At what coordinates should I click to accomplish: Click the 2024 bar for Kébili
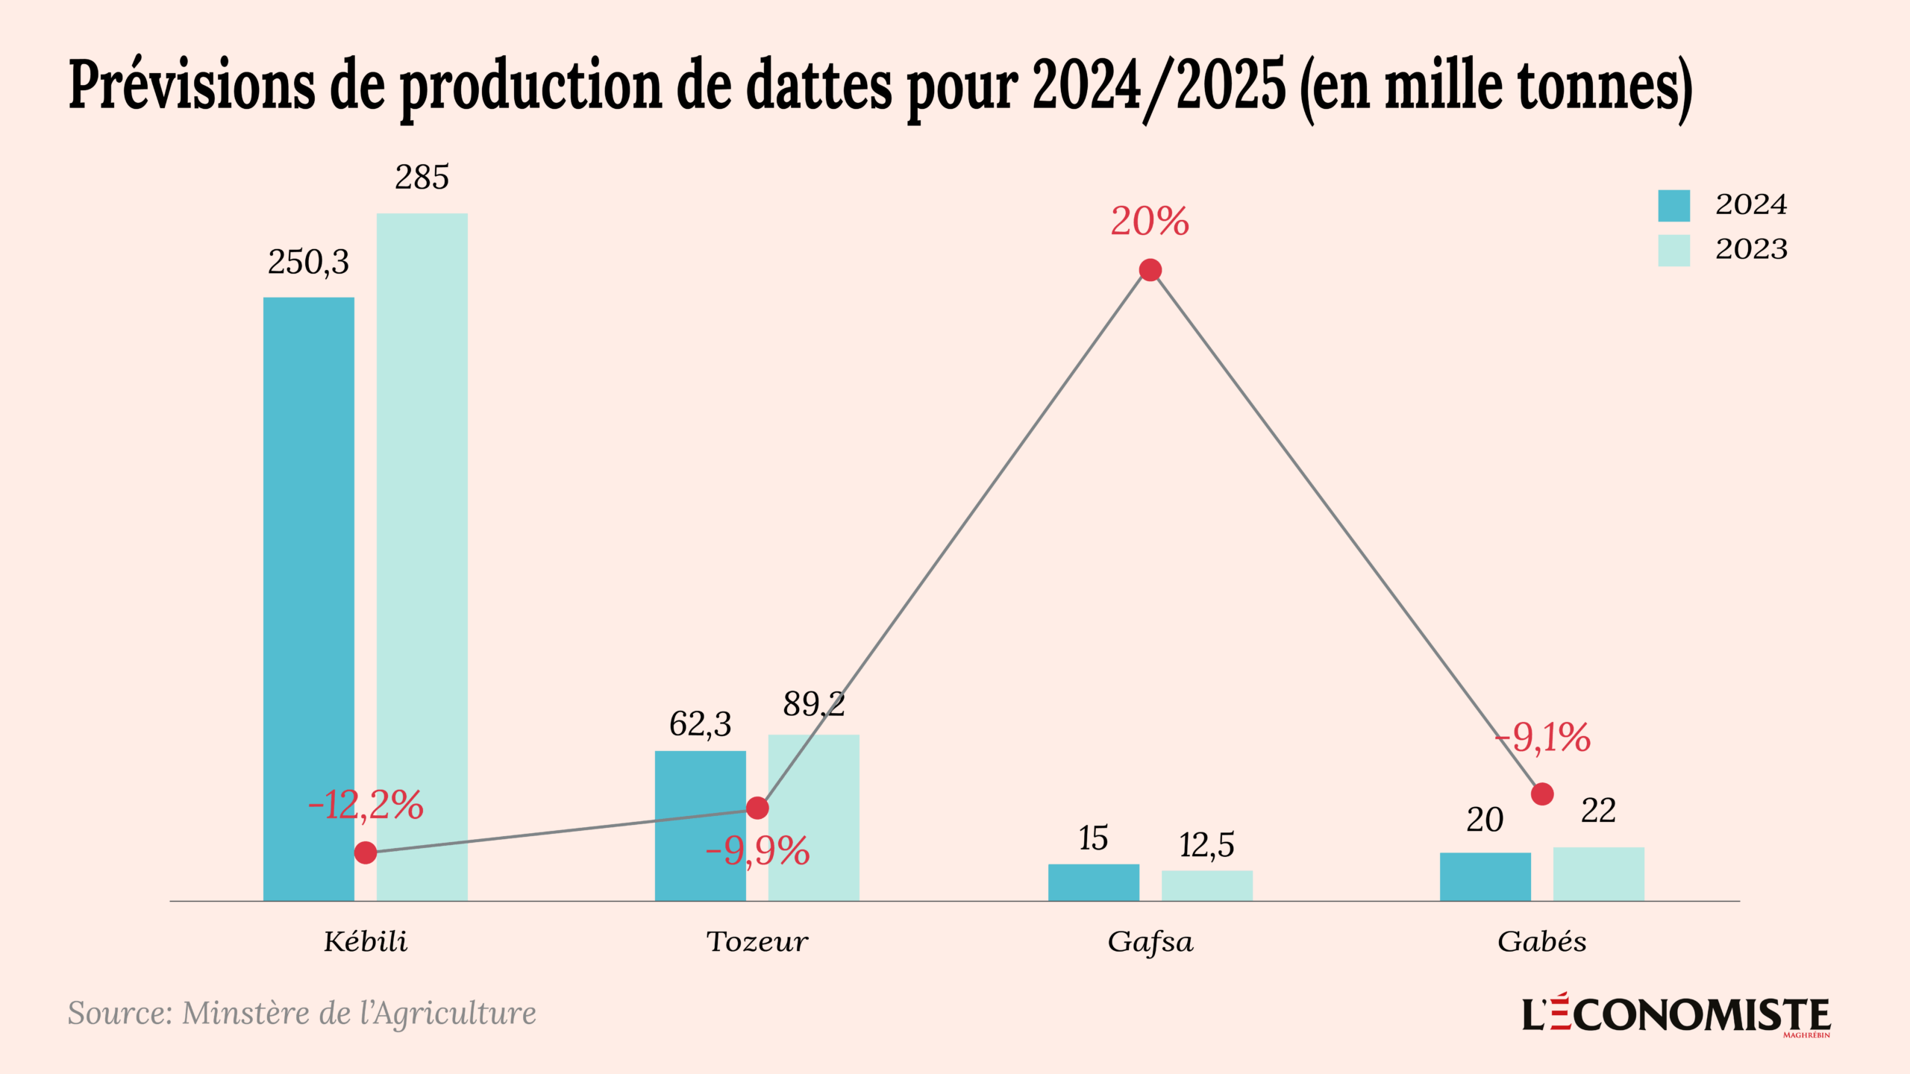[x=308, y=597]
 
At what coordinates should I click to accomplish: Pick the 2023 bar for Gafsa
[x=1206, y=885]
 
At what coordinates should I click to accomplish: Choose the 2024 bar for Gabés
[x=1485, y=876]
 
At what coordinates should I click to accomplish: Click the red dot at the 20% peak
[x=1150, y=270]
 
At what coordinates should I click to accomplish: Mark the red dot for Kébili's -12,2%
[x=366, y=852]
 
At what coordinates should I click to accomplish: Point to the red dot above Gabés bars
[x=1542, y=794]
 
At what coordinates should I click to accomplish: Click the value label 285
[x=422, y=178]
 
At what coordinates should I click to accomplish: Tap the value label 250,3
[x=308, y=263]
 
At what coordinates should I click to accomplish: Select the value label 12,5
[x=1206, y=846]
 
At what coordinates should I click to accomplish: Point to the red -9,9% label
[x=757, y=851]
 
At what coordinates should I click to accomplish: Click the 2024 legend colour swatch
[x=1673, y=205]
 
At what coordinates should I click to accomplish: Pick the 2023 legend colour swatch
[x=1673, y=250]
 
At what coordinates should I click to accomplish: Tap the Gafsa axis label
[x=1150, y=942]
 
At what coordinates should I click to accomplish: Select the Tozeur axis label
[x=757, y=942]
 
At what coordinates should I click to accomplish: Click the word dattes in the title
[x=818, y=86]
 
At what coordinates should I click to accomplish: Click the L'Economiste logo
[x=1676, y=1015]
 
